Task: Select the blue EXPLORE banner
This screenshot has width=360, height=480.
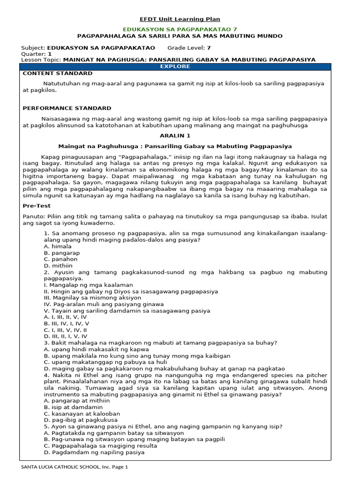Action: [175, 67]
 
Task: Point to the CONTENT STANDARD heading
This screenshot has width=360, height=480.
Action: [58, 74]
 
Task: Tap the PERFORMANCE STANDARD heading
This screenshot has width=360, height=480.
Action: [67, 108]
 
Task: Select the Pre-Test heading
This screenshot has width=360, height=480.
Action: [37, 206]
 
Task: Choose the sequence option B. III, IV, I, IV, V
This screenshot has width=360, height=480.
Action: [66, 323]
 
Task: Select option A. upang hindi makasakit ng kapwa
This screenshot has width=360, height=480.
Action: [96, 349]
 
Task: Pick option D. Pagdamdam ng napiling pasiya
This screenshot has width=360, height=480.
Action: [94, 453]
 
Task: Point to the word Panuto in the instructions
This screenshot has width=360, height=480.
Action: [32, 216]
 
